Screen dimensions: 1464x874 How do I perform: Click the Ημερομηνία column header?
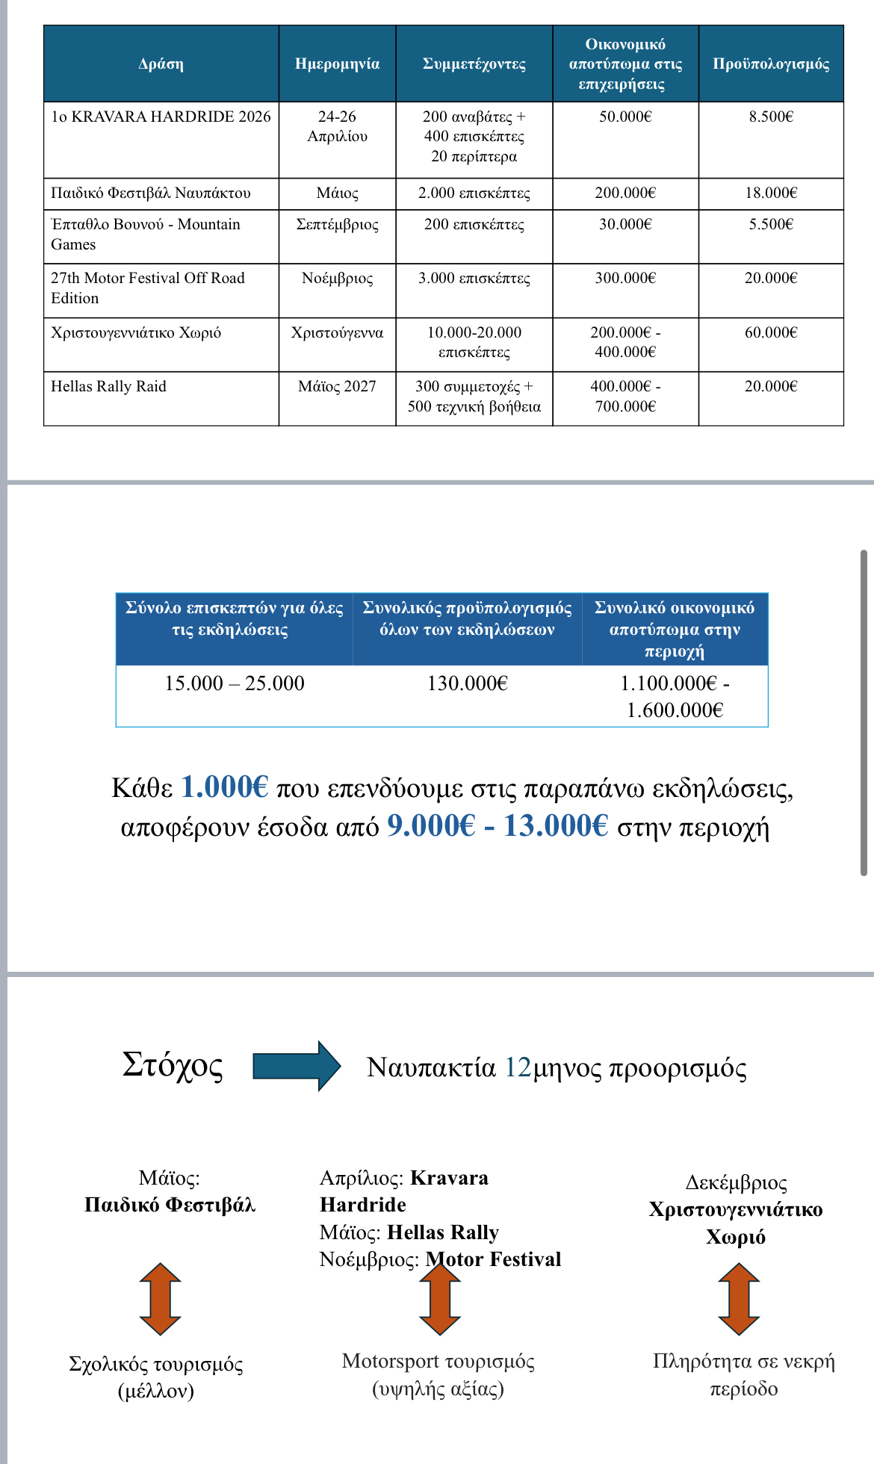337,64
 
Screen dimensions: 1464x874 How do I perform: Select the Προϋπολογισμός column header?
771,64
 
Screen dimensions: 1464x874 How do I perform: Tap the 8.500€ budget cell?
771,117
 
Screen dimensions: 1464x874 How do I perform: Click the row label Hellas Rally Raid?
108,386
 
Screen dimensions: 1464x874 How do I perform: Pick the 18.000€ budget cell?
771,193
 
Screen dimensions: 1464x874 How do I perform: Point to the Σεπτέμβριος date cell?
337,224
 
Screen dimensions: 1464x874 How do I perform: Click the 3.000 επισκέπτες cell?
474,279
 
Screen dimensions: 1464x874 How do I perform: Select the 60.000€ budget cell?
771,332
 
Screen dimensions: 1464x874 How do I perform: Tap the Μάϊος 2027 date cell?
337,386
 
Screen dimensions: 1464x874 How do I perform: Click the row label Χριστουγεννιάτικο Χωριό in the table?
136,332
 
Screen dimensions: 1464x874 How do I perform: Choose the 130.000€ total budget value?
467,683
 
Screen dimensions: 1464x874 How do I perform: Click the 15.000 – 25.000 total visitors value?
234,683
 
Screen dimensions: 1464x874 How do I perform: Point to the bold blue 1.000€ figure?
224,787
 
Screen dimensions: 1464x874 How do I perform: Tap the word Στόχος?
173,1065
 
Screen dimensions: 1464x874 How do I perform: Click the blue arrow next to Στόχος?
297,1066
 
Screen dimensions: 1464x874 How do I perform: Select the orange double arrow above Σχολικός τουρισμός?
160,1299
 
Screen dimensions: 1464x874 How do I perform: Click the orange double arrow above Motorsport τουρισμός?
440,1299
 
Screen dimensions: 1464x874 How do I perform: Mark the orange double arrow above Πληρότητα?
738,1299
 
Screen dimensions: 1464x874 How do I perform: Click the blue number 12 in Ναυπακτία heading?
517,1067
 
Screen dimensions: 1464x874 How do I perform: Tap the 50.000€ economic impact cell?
625,117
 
